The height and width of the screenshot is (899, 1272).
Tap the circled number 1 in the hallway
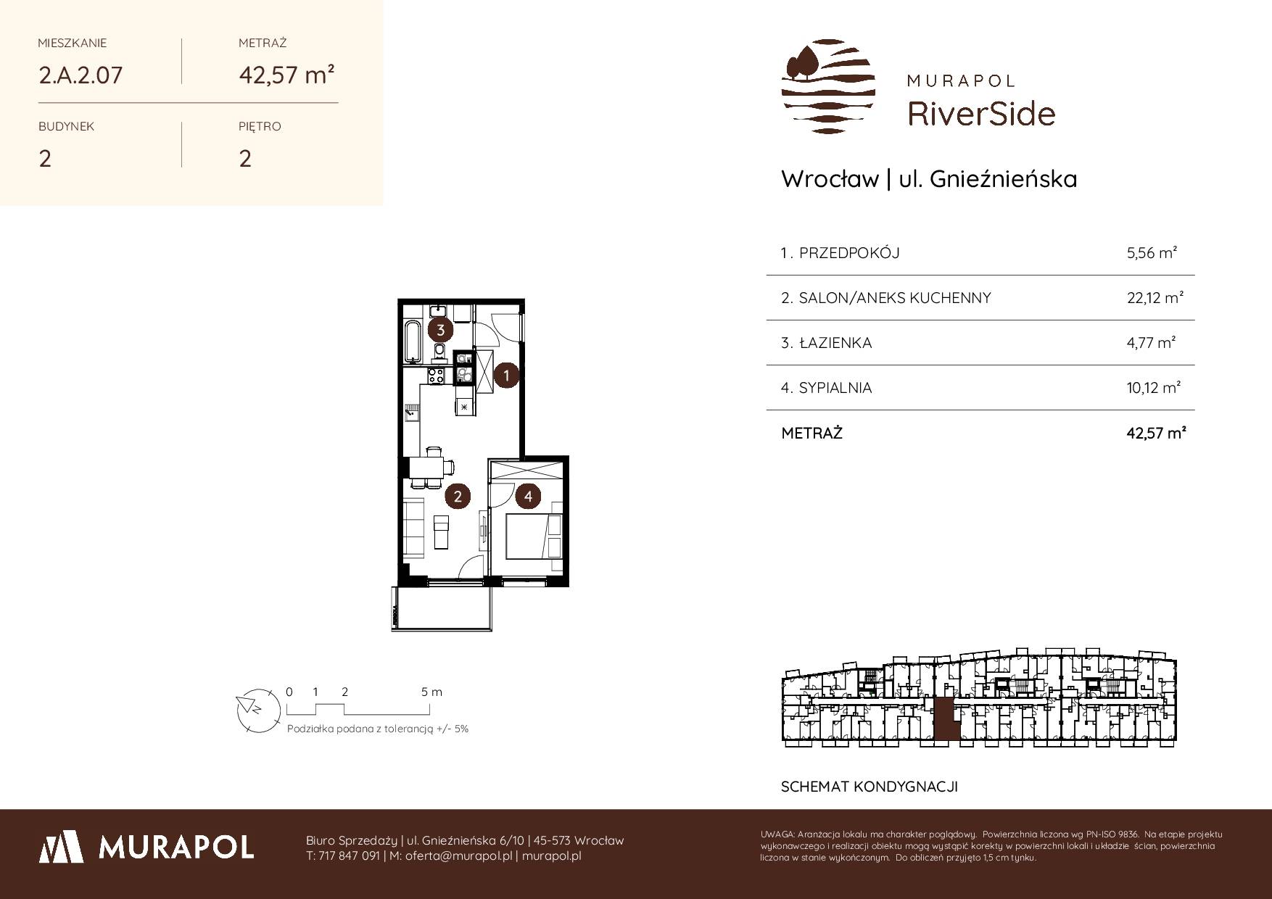506,376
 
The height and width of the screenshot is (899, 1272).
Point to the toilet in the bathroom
439,353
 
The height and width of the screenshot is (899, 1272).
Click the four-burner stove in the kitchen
437,376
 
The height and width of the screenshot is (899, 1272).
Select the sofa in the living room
413,527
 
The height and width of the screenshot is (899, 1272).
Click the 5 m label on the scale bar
431,692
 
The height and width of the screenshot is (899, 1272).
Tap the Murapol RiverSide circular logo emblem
827,86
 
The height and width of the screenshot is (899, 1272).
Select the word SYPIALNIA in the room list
835,388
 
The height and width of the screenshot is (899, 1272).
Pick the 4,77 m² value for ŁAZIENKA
1151,342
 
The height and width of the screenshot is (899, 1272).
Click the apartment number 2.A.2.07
80,75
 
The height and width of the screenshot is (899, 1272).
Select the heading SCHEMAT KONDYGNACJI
870,787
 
